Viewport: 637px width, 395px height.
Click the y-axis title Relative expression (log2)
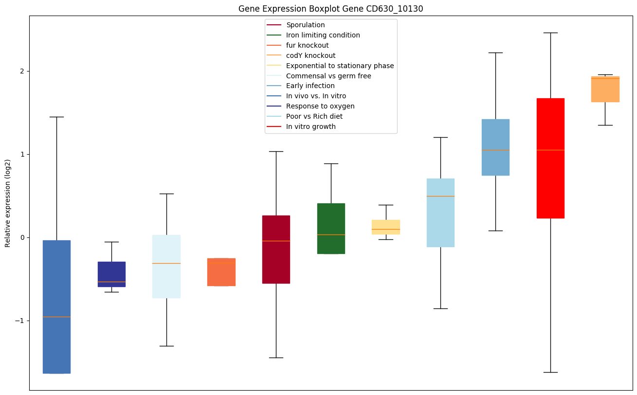pos(8,203)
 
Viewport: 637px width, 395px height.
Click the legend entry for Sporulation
pos(305,25)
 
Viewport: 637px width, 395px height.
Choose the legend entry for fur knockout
pos(307,46)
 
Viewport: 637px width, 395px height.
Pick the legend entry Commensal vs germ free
pos(328,76)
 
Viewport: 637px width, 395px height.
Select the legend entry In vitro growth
pos(310,127)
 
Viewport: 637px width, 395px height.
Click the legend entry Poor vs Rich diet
pos(314,117)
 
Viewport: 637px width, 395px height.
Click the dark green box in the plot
pos(331,229)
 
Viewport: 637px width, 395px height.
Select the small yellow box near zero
pos(386,227)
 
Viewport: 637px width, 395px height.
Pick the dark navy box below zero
pos(111,274)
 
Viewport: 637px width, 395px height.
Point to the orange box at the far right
pos(605,89)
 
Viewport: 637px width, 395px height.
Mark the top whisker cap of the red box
pos(550,33)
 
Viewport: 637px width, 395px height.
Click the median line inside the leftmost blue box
pos(56,317)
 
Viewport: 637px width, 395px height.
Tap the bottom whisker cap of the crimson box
pos(276,358)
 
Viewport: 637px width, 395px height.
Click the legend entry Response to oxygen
pos(320,107)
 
